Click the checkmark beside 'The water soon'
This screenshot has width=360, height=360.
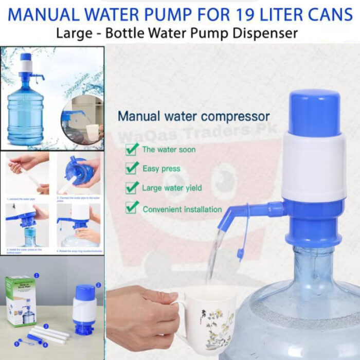coord(132,150)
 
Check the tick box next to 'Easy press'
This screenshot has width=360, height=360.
coord(132,168)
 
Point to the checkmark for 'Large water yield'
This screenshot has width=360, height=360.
coord(132,188)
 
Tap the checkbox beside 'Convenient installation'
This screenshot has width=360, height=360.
coord(132,208)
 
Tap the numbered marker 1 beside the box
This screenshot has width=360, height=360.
coord(37,276)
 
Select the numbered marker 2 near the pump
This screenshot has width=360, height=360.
coord(98,284)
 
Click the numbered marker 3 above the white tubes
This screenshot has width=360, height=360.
coord(46,327)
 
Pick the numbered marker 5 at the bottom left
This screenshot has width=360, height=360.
coord(16,343)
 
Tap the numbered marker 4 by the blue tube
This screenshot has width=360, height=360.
coord(45,345)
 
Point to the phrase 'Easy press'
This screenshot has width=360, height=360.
coord(161,168)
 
